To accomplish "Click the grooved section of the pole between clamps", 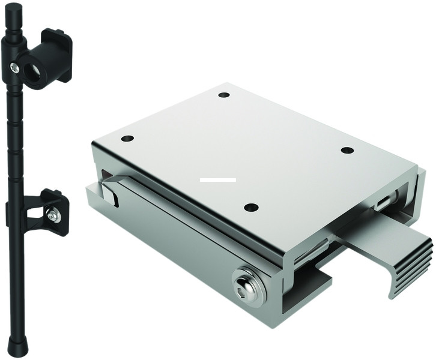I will [x=16, y=138].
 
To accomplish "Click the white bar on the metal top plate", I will [x=218, y=179].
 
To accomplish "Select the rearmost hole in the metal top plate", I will [x=224, y=95].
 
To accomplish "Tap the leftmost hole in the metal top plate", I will [x=127, y=139].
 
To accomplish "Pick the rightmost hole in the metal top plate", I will [x=347, y=150].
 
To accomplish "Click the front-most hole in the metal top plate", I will [x=251, y=208].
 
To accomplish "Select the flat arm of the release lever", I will [x=372, y=240].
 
